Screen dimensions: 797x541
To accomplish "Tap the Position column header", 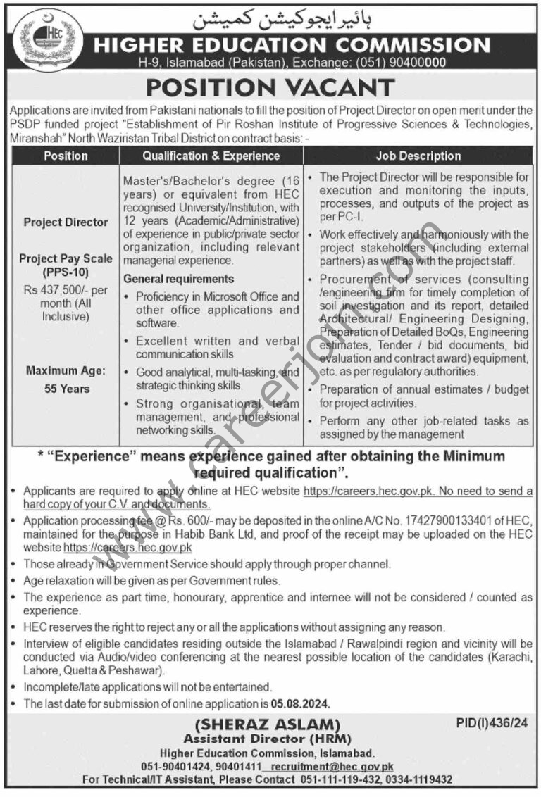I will pyautogui.click(x=66, y=156).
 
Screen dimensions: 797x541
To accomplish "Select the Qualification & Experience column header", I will pyautogui.click(x=211, y=156).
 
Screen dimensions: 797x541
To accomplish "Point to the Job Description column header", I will pyautogui.click(x=418, y=156).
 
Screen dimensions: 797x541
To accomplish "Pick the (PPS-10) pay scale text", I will pyautogui.click(x=66, y=272).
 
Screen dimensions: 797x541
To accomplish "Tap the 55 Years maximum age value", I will pyautogui.click(x=66, y=388).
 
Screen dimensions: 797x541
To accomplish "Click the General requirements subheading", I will pyautogui.click(x=179, y=279).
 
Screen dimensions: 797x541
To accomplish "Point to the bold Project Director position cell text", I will pyautogui.click(x=66, y=222).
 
